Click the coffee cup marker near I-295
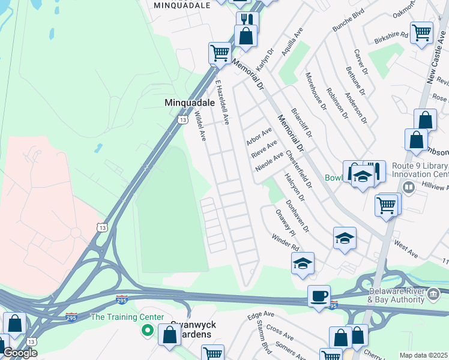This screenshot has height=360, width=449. point(319,296)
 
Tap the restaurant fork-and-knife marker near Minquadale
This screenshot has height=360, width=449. point(246,19)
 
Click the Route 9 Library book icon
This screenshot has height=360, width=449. point(409,188)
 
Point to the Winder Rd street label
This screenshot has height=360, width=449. point(285,242)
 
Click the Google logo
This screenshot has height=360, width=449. point(19,352)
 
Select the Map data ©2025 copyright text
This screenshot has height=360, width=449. point(424,355)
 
